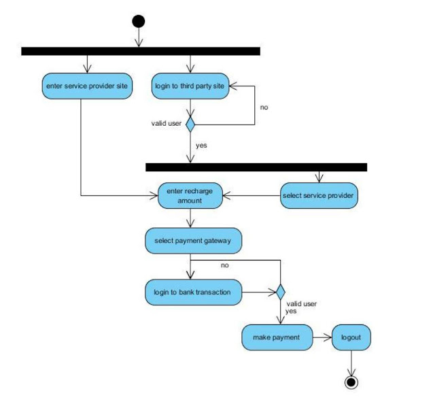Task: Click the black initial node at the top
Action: click(x=139, y=21)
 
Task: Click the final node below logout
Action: click(x=351, y=382)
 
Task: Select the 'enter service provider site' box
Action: click(x=86, y=86)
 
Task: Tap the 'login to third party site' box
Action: click(x=190, y=86)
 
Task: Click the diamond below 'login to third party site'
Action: click(x=191, y=124)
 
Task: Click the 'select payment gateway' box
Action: click(x=193, y=240)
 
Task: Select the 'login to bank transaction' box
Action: click(x=193, y=292)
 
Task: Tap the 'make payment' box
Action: click(x=276, y=337)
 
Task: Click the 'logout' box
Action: click(x=351, y=337)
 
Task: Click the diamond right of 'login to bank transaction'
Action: click(x=279, y=293)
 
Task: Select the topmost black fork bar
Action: click(x=141, y=51)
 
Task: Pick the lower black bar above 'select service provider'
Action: click(x=256, y=167)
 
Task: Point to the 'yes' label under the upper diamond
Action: click(x=201, y=145)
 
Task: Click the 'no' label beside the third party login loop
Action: click(x=265, y=107)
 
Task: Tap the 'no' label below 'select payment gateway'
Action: click(x=225, y=264)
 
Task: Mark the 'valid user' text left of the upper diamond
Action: click(x=166, y=123)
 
